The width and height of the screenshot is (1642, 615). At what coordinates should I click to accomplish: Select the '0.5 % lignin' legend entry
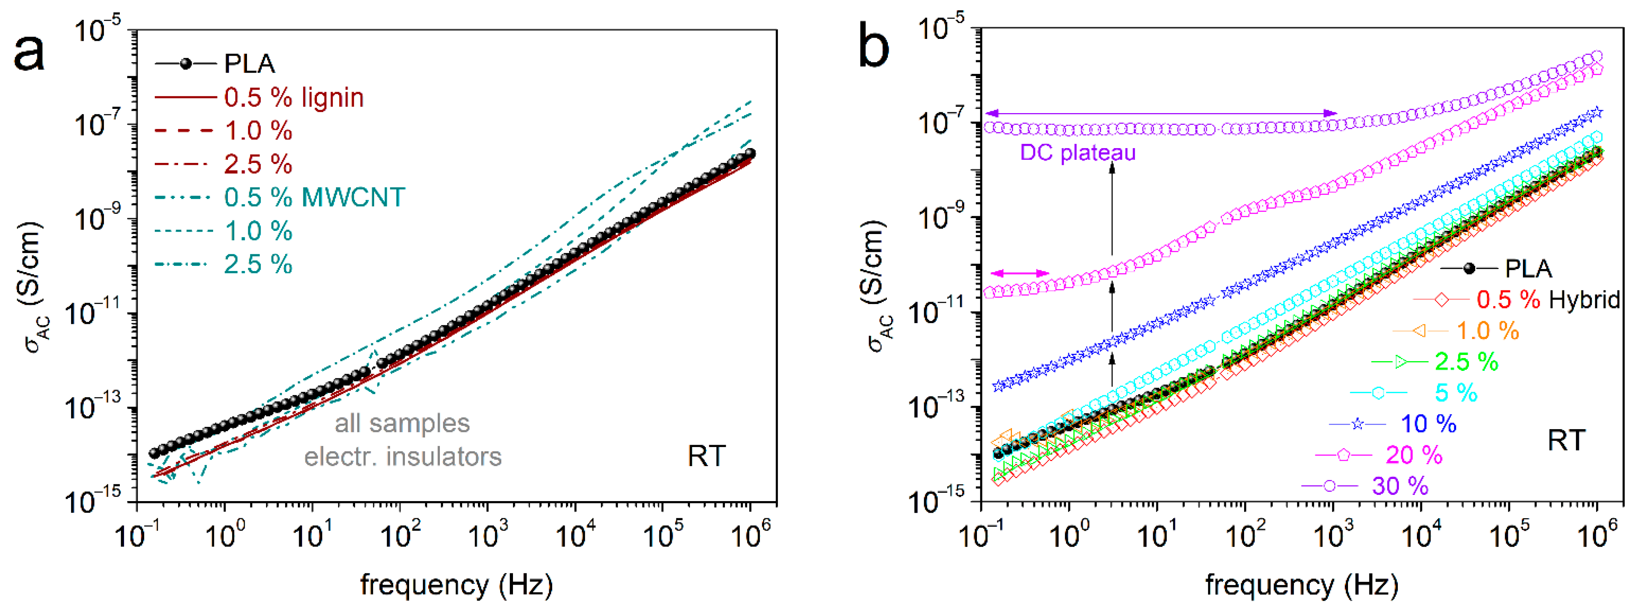pyautogui.click(x=293, y=98)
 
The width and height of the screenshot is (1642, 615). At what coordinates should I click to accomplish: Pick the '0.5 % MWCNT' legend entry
pyautogui.click(x=313, y=197)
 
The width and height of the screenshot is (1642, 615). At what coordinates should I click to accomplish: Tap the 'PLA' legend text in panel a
pyautogui.click(x=249, y=64)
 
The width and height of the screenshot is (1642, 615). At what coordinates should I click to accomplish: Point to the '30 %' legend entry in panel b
pyautogui.click(x=1400, y=486)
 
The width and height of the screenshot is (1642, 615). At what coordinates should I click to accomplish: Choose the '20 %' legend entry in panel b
pyautogui.click(x=1414, y=455)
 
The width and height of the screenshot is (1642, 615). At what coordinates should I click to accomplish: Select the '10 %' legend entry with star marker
pyautogui.click(x=1428, y=424)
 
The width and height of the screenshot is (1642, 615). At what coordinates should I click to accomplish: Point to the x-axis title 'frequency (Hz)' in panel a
pyautogui.click(x=457, y=584)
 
